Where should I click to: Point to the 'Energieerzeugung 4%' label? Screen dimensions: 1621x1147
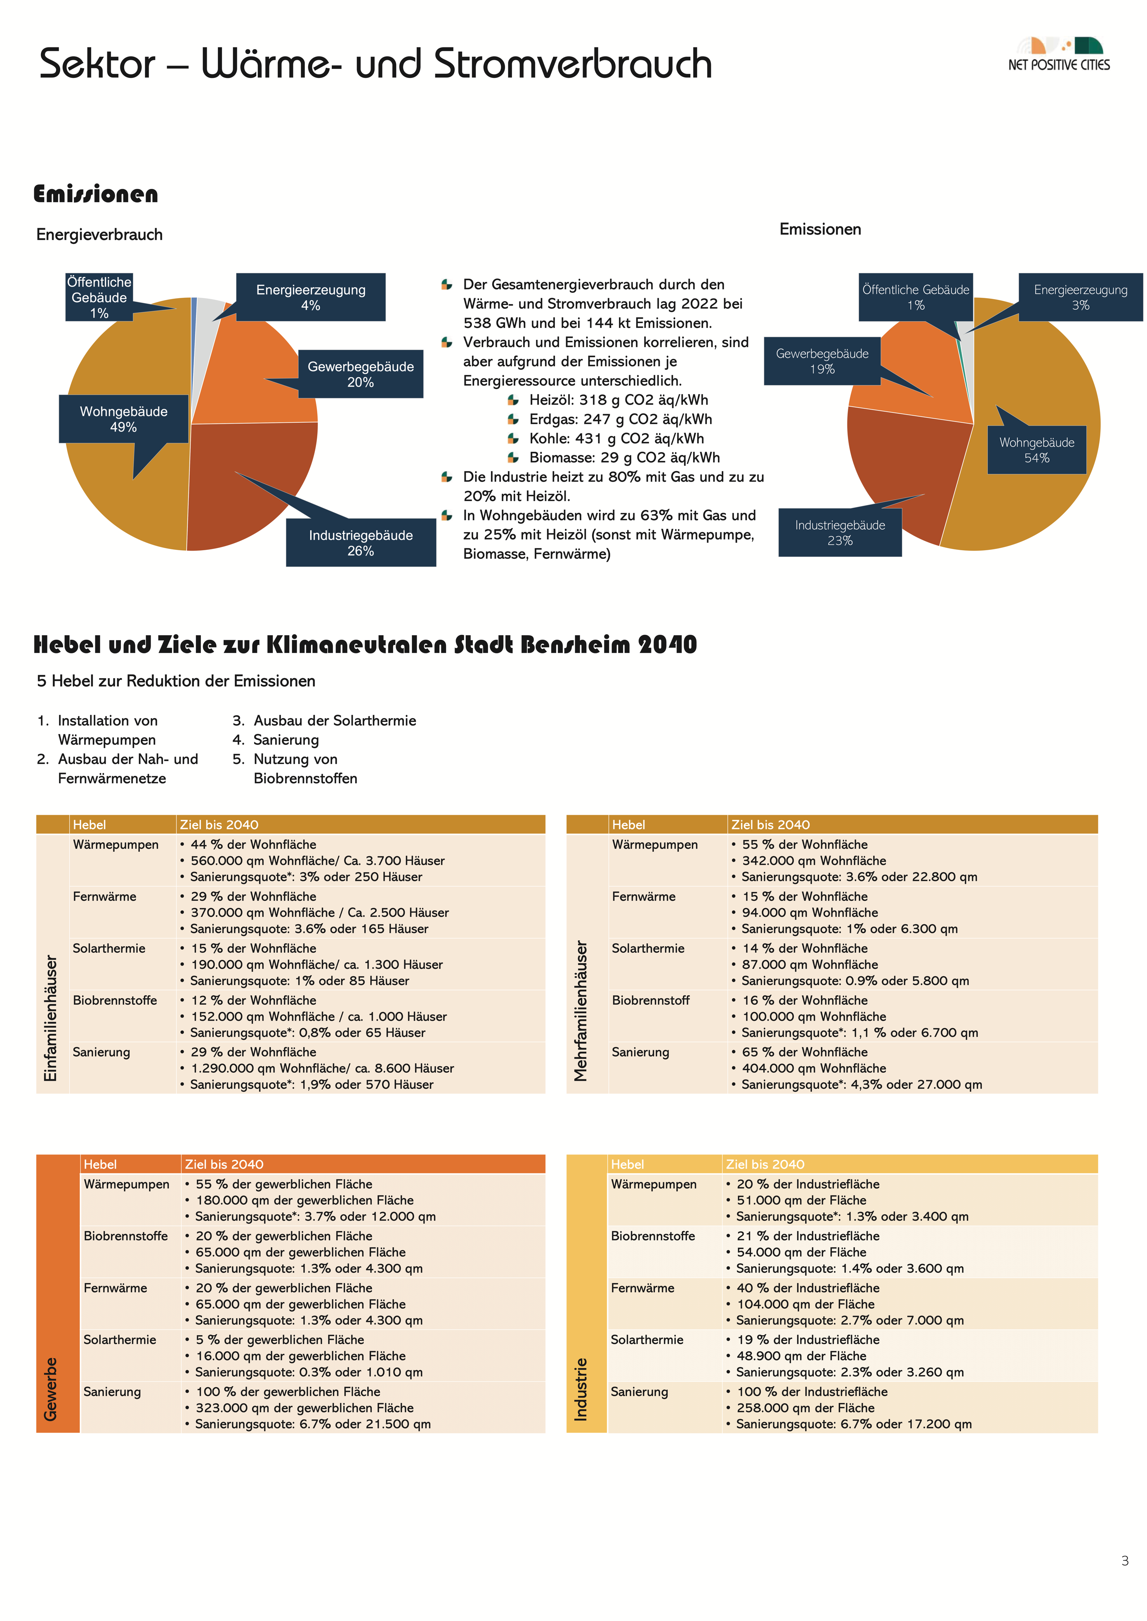tap(311, 297)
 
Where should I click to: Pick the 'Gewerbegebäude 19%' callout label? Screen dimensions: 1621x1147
tap(822, 361)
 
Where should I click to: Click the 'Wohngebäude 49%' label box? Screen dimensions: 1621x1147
tap(124, 419)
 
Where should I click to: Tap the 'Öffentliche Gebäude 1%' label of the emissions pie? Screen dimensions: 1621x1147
tap(916, 297)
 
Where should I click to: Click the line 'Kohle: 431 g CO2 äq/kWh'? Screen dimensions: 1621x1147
tap(616, 438)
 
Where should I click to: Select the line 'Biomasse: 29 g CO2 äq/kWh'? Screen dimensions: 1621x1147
tap(624, 457)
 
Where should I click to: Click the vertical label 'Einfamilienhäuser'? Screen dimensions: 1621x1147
tap(51, 1018)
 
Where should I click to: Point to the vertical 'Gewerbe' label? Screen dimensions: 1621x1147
tap(51, 1389)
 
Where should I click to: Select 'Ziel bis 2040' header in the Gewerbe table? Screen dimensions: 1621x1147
tap(224, 1164)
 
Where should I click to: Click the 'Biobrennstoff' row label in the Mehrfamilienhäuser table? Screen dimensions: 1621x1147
tap(651, 1000)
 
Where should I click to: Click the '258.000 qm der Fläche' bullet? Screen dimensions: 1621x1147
tap(805, 1408)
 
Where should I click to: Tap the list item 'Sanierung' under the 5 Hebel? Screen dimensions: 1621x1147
tap(286, 740)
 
